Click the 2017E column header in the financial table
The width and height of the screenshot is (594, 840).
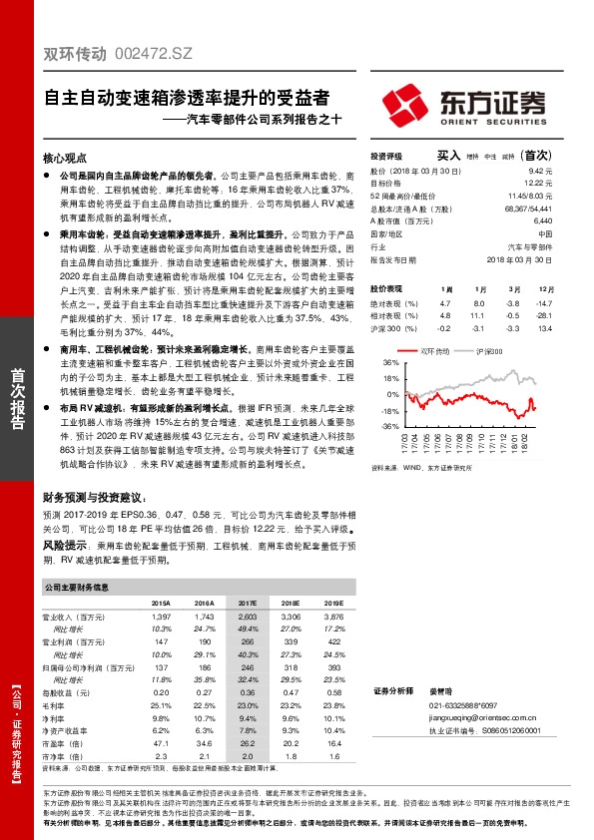[247, 604]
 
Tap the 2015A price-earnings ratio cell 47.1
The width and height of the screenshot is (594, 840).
[161, 742]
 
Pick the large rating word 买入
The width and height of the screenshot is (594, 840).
[448, 156]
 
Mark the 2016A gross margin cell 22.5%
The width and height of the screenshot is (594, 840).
[204, 703]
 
